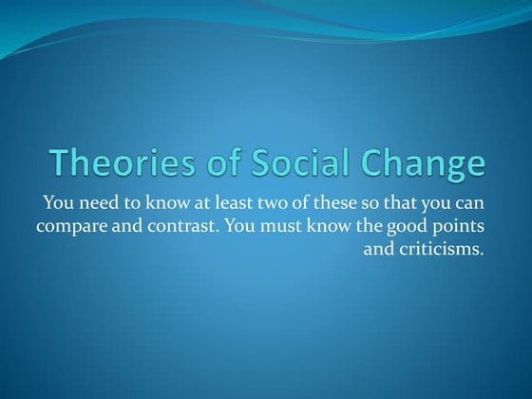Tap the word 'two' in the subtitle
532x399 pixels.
tap(282, 202)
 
